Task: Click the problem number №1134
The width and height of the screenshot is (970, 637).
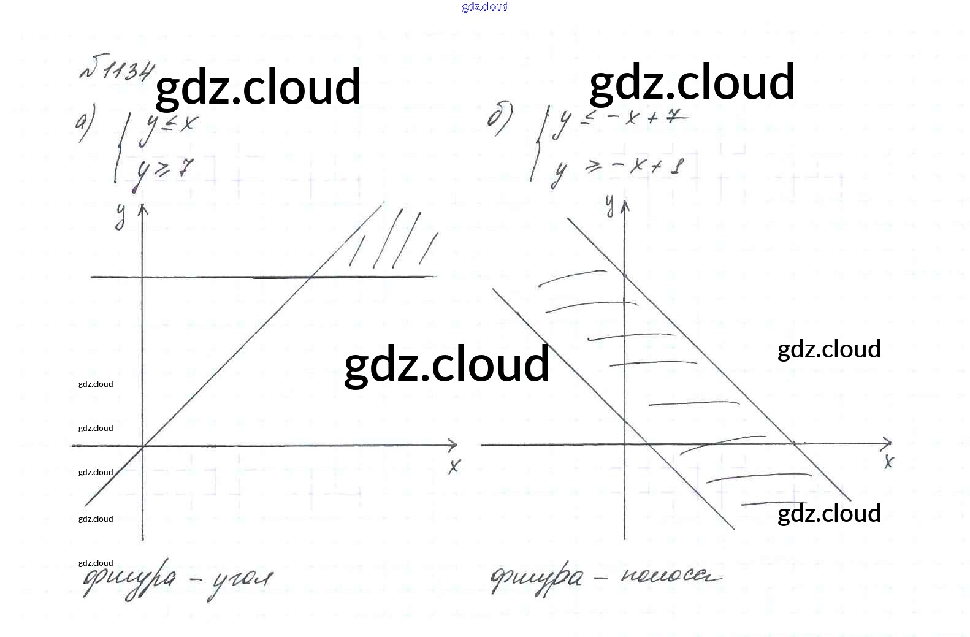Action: click(116, 70)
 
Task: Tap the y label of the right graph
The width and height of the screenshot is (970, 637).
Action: click(609, 206)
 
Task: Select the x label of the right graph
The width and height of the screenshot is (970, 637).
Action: click(888, 461)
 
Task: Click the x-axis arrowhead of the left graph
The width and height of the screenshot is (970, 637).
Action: click(453, 445)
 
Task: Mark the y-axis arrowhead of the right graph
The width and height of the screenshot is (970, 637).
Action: click(625, 205)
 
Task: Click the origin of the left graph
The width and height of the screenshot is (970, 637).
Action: click(143, 446)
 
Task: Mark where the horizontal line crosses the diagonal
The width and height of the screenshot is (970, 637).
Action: click(311, 277)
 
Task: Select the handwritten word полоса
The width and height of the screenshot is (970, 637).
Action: click(671, 576)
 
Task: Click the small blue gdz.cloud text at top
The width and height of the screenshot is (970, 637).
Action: click(485, 7)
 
